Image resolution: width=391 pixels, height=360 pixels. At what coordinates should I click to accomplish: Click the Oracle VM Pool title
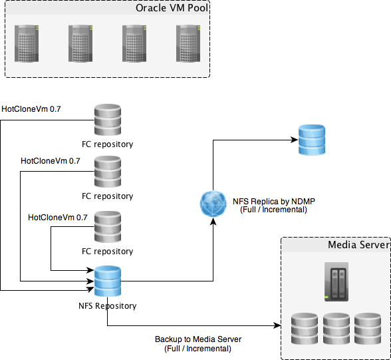172,8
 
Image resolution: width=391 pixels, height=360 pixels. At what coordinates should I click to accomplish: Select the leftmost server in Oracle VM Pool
27,43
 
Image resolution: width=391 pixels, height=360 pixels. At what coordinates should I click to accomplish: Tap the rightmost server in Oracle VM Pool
188,43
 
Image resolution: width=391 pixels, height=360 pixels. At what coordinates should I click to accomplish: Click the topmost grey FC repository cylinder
108,120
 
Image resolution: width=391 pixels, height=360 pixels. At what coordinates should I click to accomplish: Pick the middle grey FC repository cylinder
108,172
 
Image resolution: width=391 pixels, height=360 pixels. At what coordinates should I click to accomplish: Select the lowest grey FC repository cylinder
108,227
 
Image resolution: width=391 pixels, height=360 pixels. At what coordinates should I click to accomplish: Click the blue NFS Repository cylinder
108,281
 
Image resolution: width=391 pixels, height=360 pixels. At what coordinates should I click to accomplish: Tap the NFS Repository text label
108,306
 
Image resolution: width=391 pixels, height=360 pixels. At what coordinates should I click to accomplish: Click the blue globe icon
213,204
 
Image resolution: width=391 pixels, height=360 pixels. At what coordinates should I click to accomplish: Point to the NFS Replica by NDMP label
274,206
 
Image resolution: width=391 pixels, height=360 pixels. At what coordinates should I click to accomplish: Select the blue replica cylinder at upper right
312,140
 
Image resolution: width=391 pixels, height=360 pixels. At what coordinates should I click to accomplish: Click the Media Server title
358,245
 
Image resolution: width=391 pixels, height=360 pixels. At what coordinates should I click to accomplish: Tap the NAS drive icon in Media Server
336,281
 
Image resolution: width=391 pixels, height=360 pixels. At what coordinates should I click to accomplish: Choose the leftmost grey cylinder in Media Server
305,329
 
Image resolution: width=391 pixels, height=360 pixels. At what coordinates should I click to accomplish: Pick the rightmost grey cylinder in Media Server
368,329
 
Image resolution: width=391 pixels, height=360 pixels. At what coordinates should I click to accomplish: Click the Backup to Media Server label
198,344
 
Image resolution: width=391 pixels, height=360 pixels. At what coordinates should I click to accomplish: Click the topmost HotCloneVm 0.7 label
31,109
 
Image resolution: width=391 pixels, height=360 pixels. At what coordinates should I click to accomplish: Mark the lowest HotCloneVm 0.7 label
58,218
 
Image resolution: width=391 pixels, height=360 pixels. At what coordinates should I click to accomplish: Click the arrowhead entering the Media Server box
277,325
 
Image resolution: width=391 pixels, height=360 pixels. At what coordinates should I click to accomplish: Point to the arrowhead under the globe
213,222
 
